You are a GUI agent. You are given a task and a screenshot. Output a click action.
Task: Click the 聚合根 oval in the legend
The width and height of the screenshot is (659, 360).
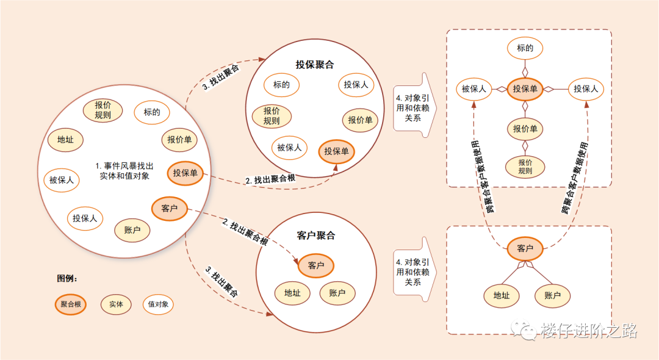(70, 304)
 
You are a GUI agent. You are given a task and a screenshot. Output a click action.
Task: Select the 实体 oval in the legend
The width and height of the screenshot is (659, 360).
(116, 304)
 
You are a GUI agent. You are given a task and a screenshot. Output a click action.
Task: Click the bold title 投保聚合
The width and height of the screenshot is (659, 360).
(315, 64)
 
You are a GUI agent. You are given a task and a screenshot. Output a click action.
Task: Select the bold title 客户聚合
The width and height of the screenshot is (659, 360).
(316, 236)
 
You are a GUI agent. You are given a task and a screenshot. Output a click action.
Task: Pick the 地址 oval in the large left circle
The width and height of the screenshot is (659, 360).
(65, 140)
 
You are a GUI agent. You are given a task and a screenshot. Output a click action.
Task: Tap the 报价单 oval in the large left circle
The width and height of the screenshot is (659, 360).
(179, 140)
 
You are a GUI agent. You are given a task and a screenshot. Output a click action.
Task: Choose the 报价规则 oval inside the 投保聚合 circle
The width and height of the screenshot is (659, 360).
(272, 116)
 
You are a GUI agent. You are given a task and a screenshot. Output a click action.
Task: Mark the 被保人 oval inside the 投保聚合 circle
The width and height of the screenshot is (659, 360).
(289, 147)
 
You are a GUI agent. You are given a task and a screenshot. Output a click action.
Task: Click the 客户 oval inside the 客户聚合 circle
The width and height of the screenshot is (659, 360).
(316, 265)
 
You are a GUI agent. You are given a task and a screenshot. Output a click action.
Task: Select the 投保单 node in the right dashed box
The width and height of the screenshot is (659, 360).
(525, 89)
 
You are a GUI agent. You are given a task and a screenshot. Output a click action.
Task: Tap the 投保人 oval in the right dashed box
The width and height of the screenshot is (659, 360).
(585, 89)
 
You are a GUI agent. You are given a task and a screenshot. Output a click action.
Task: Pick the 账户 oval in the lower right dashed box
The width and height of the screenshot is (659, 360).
(552, 296)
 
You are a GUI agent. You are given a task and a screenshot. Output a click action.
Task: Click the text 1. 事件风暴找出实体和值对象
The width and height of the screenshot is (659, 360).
(124, 170)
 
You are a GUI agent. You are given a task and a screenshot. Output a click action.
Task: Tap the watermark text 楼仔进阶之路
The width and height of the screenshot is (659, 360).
(589, 331)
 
